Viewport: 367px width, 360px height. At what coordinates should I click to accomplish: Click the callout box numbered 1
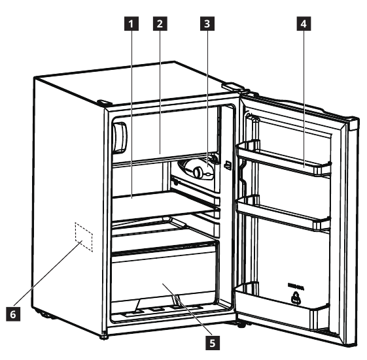(131, 24)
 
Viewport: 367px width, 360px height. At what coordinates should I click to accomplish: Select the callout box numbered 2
(160, 24)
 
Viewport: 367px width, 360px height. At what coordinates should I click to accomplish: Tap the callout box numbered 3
(207, 24)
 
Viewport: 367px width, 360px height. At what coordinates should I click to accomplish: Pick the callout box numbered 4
(304, 24)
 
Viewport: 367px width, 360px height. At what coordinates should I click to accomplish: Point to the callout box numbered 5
(213, 343)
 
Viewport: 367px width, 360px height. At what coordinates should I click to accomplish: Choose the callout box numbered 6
(13, 314)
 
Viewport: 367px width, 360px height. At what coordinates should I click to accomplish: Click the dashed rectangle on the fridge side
(84, 237)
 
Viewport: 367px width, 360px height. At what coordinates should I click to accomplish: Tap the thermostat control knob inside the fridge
(198, 172)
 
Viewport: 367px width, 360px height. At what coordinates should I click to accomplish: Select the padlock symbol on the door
(296, 299)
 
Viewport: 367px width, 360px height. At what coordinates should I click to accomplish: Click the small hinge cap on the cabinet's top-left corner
(104, 103)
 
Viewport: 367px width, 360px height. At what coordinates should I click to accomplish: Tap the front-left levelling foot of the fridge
(104, 337)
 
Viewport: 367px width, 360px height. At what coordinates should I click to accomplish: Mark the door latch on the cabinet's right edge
(227, 165)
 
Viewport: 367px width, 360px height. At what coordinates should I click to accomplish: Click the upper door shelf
(284, 158)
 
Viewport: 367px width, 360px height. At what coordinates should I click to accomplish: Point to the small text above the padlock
(296, 286)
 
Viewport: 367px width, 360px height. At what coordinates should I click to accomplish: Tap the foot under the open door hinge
(242, 325)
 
